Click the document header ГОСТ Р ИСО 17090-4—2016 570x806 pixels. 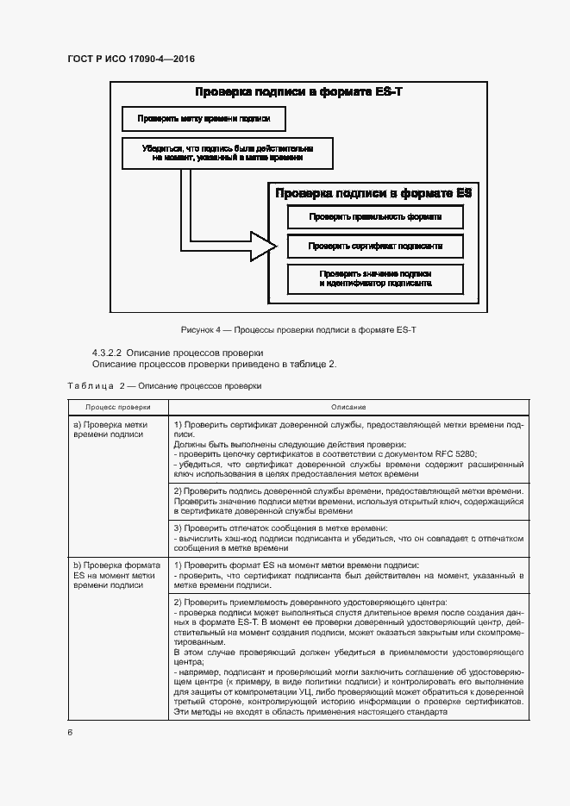(130, 59)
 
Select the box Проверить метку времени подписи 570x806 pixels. (204, 118)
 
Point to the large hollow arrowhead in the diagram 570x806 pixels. (262, 246)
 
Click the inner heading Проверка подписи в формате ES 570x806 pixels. (373, 194)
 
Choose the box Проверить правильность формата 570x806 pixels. (375, 217)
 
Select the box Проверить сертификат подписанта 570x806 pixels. (375, 246)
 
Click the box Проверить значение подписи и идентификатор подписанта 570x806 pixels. (375, 278)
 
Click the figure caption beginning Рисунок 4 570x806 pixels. (298, 330)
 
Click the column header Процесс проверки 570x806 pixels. (117, 406)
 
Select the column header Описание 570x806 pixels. (348, 406)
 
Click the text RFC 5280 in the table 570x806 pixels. (457, 453)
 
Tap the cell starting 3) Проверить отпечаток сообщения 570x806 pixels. (348, 537)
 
